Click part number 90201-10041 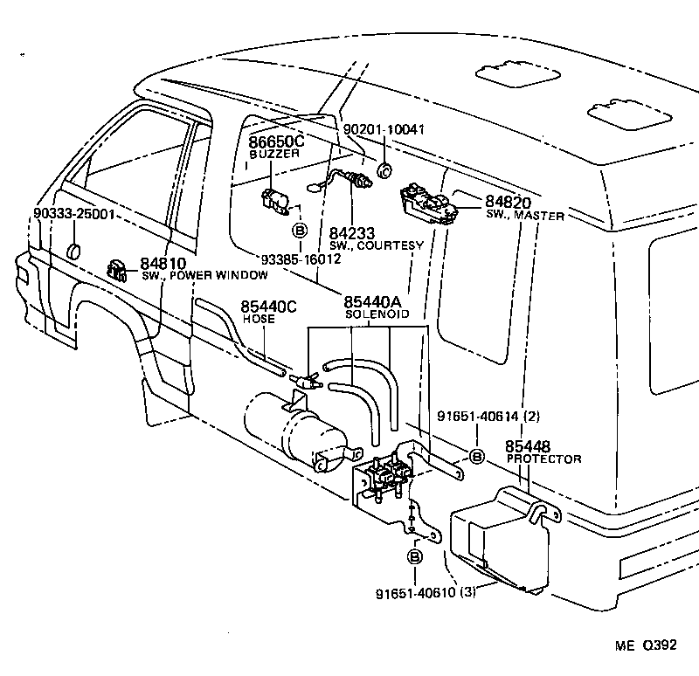coord(385,129)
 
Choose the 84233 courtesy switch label coord(352,233)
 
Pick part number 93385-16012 coord(301,259)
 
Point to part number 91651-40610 coord(417,592)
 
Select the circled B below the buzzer coord(300,231)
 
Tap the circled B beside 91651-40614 coord(477,456)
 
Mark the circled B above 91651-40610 coord(414,556)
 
